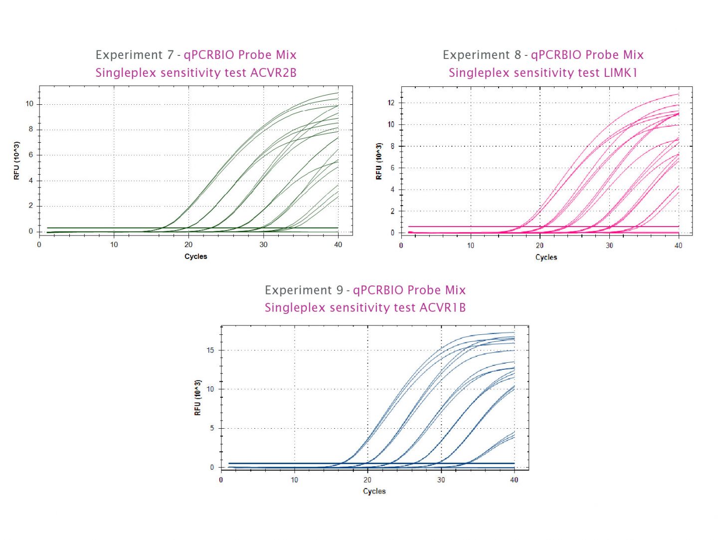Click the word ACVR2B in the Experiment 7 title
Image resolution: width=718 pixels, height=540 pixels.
(273, 73)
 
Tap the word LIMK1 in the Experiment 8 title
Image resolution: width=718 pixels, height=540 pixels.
(621, 73)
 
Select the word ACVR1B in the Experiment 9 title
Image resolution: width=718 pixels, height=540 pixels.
(442, 307)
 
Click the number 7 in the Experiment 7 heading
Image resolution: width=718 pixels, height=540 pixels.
(171, 55)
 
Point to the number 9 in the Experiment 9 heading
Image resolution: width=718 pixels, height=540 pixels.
(340, 290)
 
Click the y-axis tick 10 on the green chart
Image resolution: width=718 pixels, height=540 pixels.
(29, 104)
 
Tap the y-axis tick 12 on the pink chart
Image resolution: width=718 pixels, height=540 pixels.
(391, 103)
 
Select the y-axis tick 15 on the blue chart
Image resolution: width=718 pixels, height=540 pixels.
(210, 350)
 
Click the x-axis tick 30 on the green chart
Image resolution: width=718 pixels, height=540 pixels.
(263, 245)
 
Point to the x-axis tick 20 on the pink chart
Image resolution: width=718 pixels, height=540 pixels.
(539, 246)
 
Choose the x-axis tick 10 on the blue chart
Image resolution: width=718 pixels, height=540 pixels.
(294, 480)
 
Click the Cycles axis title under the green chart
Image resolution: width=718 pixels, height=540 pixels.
(195, 257)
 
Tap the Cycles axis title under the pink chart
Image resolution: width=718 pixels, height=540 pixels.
(546, 258)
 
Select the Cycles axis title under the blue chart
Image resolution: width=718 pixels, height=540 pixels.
(374, 492)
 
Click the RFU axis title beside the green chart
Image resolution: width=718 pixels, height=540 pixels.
(17, 161)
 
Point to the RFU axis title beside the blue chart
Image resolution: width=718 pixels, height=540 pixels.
(198, 397)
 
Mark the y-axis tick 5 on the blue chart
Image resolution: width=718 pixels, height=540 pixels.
(212, 428)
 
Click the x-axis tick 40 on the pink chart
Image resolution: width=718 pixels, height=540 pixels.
(678, 246)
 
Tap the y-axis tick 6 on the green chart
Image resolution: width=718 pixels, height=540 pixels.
(31, 155)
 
